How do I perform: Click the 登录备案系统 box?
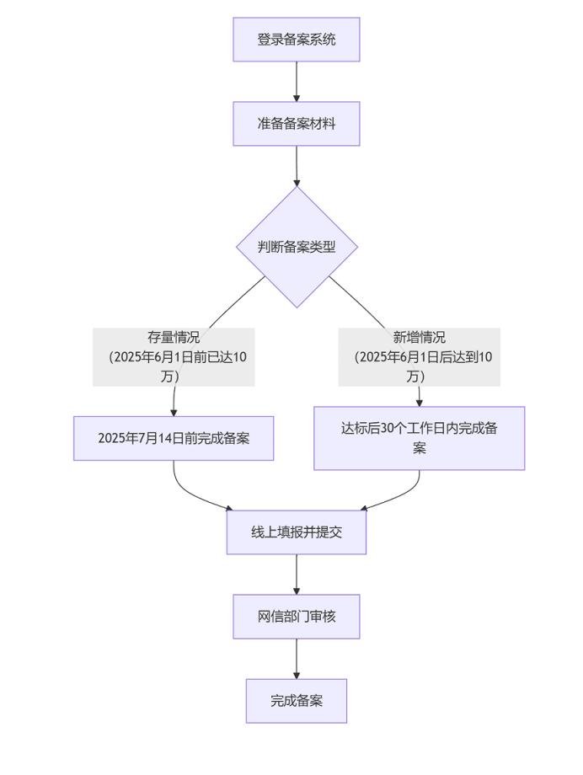coord(297,40)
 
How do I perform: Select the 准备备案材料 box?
coord(297,124)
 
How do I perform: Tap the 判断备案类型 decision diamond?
coord(297,247)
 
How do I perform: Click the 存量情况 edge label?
coord(174,339)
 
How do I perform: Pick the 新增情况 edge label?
coord(420,339)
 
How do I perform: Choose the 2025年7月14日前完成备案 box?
coord(174,438)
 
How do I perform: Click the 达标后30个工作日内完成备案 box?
coord(420,438)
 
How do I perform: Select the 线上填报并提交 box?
coord(297,532)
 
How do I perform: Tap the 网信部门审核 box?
coord(297,617)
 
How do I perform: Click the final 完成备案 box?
coord(297,701)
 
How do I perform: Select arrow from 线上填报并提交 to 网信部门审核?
coord(297,574)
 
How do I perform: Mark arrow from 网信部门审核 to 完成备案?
coord(297,658)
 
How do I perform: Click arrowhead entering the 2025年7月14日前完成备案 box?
coord(174,412)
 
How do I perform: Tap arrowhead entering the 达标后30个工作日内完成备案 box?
coord(420,403)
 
